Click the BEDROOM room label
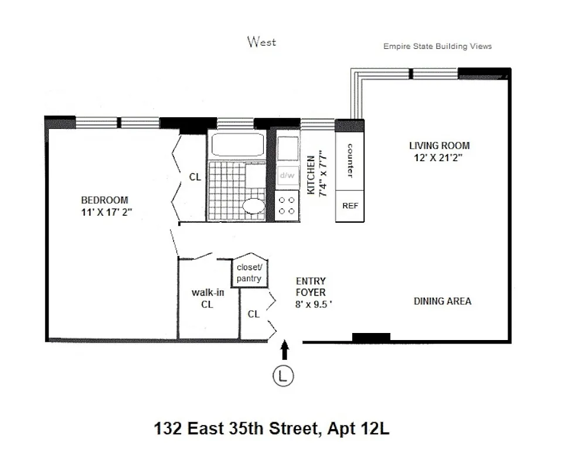point(104,200)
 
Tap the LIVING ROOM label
point(439,145)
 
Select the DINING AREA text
point(442,301)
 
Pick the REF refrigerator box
point(350,206)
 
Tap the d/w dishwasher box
point(287,175)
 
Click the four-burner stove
point(287,205)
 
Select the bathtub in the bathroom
point(236,145)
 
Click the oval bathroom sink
point(254,207)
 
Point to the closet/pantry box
point(249,273)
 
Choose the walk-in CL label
point(207,298)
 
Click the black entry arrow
point(285,350)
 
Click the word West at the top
point(261,42)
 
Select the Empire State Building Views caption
point(437,46)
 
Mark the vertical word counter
point(350,160)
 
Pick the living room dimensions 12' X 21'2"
point(439,157)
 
